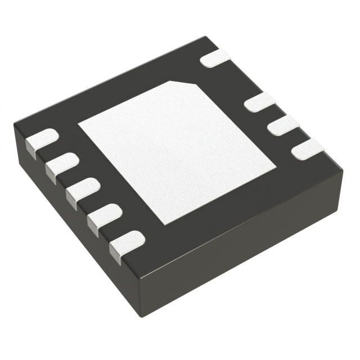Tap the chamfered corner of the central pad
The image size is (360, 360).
point(190,84)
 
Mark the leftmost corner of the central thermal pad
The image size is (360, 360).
point(79,123)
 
